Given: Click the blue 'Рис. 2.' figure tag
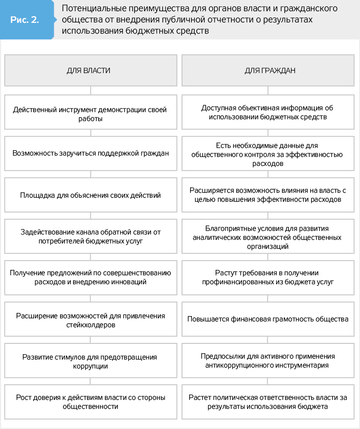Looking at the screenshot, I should click(x=25, y=20).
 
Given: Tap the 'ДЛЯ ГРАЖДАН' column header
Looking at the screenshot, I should click(x=269, y=70).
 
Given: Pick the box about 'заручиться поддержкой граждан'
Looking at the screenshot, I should click(x=90, y=153).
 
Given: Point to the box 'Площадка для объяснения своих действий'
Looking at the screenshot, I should click(x=90, y=195).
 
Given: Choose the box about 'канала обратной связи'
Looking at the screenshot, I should click(x=90, y=236).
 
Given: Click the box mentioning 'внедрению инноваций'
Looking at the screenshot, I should click(x=90, y=277).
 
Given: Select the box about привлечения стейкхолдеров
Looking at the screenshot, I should click(x=90, y=320).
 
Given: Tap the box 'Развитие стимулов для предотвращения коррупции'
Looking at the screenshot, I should click(x=90, y=361).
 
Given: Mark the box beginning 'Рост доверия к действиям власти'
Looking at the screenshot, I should click(x=90, y=402).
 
